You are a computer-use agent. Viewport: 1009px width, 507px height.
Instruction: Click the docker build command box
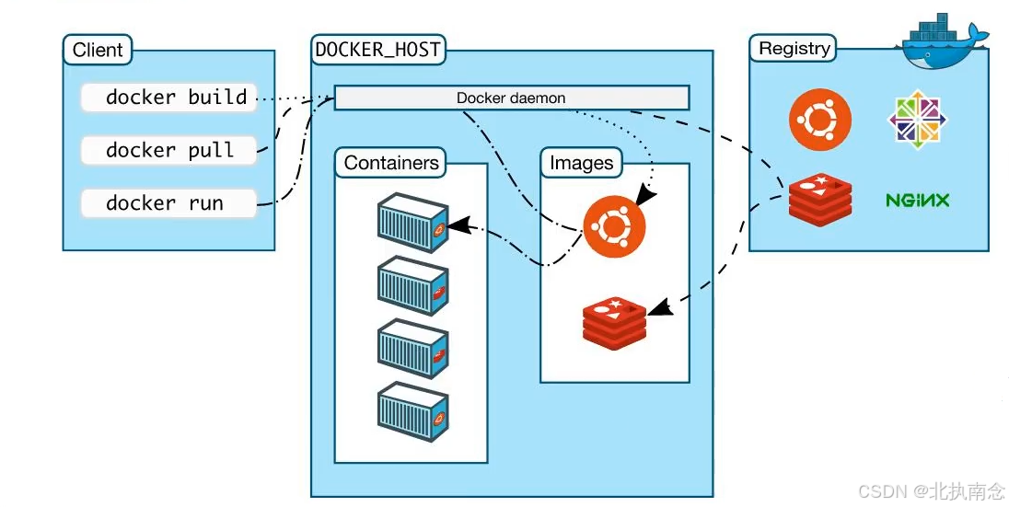point(168,98)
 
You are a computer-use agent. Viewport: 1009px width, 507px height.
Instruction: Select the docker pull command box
point(168,150)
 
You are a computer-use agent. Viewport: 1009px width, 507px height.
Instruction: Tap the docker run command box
point(168,203)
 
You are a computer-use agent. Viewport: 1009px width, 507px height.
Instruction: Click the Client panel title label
point(98,50)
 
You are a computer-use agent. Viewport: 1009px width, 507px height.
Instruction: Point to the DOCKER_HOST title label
point(377,50)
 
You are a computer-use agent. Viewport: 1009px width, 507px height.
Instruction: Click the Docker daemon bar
point(511,98)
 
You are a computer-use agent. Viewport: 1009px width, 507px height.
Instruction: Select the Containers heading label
point(391,163)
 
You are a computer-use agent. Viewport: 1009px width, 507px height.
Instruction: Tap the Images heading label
point(581,163)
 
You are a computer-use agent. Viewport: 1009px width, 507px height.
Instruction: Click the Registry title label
point(794,49)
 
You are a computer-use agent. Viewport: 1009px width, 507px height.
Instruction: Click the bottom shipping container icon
point(413,413)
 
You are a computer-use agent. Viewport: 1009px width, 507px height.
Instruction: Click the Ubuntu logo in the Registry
point(819,121)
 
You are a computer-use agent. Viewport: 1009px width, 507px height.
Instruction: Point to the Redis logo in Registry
point(819,199)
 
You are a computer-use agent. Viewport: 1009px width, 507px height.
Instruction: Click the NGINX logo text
point(917,200)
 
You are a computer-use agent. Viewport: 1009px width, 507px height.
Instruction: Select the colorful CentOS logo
point(917,121)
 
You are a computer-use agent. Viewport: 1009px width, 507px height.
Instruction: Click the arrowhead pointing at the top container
point(458,224)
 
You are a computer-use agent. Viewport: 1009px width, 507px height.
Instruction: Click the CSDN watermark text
point(931,491)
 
